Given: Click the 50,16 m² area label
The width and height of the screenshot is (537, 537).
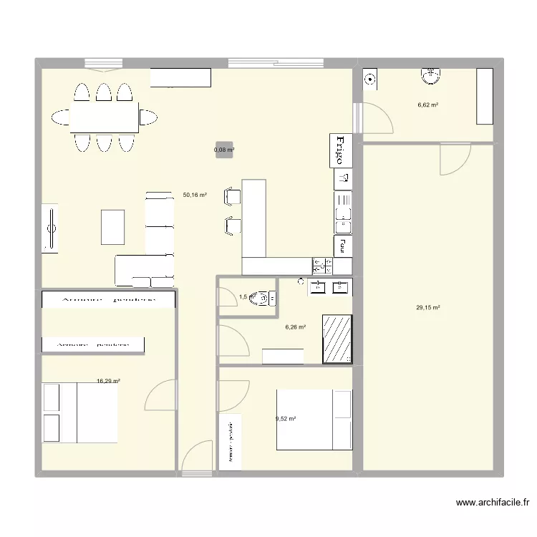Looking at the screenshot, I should coord(195,195).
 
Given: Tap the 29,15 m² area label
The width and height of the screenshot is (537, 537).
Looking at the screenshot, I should coord(428,309).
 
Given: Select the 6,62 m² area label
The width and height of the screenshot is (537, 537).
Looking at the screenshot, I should coord(428,105).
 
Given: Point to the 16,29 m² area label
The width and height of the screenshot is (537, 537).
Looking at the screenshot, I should coord(108,382).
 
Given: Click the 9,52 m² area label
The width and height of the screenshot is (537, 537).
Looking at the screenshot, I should coord(286,420).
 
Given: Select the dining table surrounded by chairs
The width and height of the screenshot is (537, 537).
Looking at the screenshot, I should coord(105,117).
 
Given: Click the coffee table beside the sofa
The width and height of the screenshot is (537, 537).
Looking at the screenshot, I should coord(113,226).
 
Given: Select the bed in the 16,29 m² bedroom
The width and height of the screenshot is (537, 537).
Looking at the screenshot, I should coord(79,413).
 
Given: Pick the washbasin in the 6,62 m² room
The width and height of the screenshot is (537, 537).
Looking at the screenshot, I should coord(432,76).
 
